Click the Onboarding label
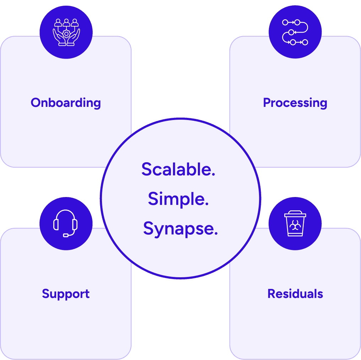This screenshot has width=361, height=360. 66,103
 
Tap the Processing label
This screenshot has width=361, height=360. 295,103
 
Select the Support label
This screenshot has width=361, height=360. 66,294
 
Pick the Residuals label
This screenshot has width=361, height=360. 295,294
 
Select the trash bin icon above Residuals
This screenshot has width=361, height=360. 295,223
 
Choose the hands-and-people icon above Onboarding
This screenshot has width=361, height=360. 66,32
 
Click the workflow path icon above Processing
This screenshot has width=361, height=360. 295,32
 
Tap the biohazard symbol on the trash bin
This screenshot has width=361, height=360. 295,225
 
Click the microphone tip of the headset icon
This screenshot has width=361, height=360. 66,235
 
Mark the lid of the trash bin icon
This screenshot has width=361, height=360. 295,214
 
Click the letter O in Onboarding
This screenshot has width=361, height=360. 36,103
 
